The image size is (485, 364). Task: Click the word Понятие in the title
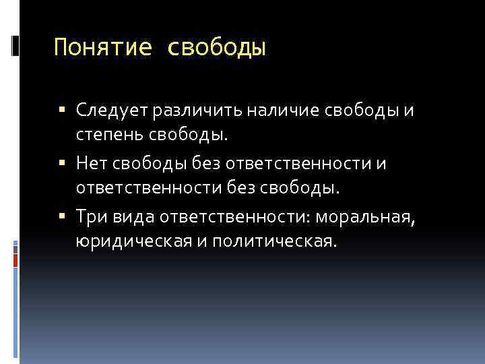[102, 48]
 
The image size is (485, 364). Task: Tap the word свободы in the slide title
[216, 48]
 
